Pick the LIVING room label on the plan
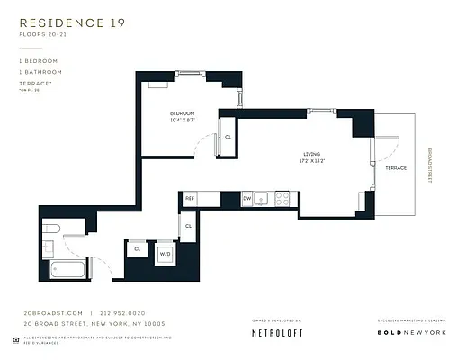[311, 155]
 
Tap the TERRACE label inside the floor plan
[396, 168]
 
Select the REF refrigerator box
[190, 197]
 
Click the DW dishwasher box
[246, 197]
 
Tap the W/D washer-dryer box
[166, 253]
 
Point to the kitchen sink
[263, 197]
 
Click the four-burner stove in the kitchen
[282, 197]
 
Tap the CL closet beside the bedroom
[228, 137]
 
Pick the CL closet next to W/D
[138, 248]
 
